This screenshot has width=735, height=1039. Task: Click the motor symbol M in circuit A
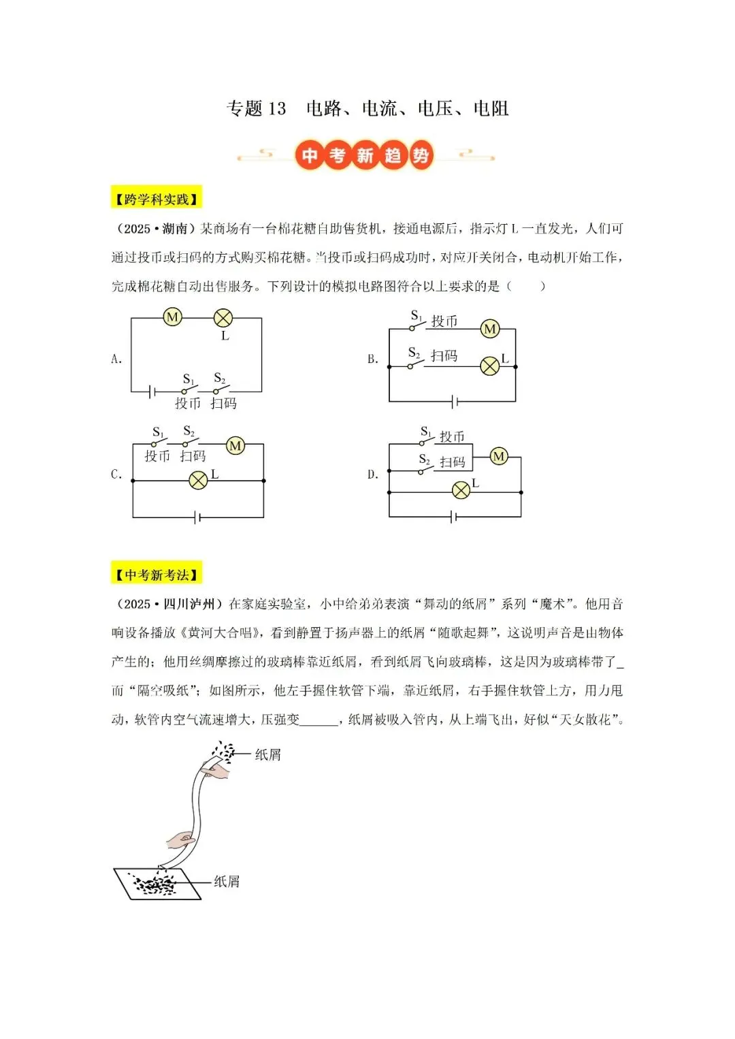click(x=173, y=317)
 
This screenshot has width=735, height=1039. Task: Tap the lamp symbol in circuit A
click(x=223, y=317)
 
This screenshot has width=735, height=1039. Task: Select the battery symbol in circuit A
click(x=153, y=391)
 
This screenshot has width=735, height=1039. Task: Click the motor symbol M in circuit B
click(x=490, y=330)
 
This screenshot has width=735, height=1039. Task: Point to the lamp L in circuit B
click(x=490, y=366)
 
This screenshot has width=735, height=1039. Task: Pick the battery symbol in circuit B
click(x=454, y=402)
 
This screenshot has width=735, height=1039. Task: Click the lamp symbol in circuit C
click(x=198, y=481)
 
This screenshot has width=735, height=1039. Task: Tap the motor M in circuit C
click(x=235, y=446)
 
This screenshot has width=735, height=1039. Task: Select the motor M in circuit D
click(x=499, y=456)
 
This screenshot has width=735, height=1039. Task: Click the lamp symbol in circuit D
click(x=461, y=490)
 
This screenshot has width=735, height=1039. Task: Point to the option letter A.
click(x=116, y=359)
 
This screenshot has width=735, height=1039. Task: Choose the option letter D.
click(x=372, y=475)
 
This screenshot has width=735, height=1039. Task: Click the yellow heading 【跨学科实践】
click(x=157, y=199)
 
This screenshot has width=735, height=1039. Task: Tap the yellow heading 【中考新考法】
click(x=157, y=575)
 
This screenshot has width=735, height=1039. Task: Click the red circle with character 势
click(x=421, y=156)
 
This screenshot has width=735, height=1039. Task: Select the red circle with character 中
click(x=310, y=156)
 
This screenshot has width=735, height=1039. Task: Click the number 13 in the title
click(x=277, y=109)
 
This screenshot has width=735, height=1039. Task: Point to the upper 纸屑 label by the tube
click(x=267, y=754)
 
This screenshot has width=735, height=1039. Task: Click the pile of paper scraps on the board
click(x=155, y=884)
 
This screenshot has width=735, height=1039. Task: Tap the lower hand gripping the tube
click(x=182, y=840)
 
